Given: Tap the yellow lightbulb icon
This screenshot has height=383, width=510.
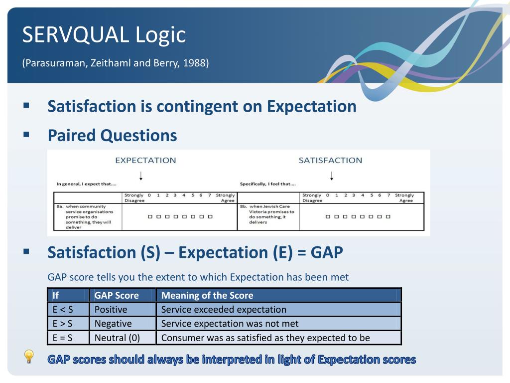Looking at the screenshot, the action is click(29, 357).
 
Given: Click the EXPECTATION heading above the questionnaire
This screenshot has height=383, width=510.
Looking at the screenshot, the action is click(145, 160).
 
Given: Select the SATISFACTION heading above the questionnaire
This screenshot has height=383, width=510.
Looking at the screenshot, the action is click(330, 160).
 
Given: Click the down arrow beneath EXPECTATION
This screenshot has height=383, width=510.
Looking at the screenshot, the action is click(141, 176).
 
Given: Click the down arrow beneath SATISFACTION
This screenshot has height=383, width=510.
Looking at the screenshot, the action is click(331, 176).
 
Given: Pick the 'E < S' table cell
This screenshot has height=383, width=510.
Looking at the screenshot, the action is click(63, 309).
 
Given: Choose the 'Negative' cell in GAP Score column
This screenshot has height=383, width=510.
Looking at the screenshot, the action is click(113, 323).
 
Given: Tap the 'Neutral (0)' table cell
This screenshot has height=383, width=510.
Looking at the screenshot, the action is click(117, 338).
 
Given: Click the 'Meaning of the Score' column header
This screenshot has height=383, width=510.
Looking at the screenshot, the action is click(207, 295).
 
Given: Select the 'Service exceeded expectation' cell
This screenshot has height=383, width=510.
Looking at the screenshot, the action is click(224, 309).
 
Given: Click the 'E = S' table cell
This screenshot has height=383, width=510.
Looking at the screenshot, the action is click(62, 338).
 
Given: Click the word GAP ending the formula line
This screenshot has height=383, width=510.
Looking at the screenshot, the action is click(327, 252).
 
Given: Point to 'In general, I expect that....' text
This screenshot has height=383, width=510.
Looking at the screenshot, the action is click(86, 184).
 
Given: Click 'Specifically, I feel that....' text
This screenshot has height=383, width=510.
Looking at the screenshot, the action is click(267, 184).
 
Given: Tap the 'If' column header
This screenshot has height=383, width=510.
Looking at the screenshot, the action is click(56, 295).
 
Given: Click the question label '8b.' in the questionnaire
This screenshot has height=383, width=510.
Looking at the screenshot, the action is click(244, 206).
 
